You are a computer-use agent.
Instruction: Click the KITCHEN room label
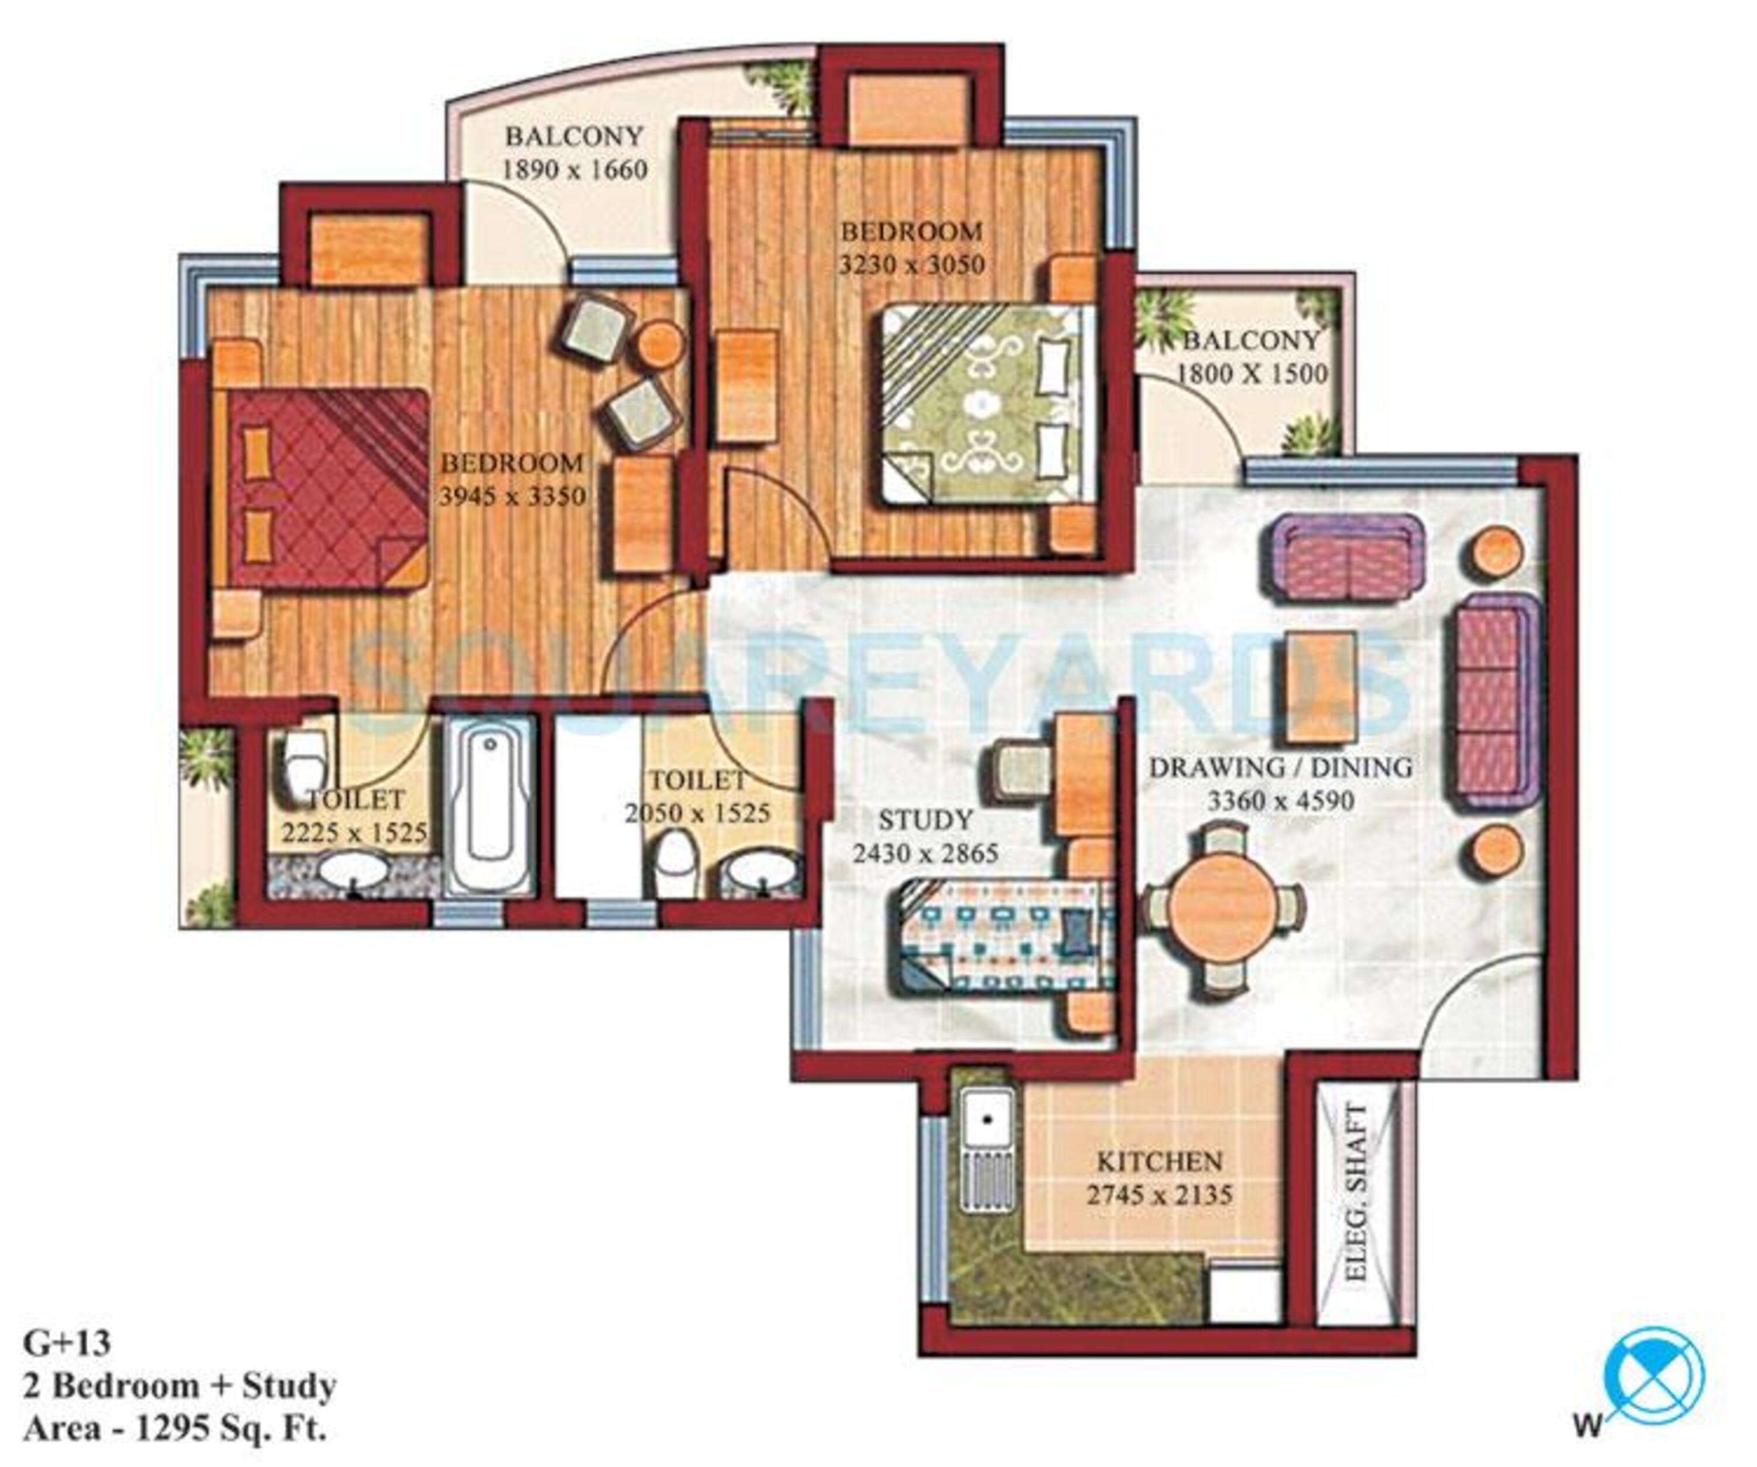(x=1159, y=1162)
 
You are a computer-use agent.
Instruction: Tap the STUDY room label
(x=925, y=819)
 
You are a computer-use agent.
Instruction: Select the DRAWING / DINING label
(x=1280, y=766)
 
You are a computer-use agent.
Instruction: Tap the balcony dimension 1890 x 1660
(x=574, y=170)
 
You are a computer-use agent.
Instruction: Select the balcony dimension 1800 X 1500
(x=1253, y=373)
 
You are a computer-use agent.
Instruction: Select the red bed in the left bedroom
(x=322, y=490)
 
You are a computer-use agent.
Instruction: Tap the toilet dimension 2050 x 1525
(x=698, y=813)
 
